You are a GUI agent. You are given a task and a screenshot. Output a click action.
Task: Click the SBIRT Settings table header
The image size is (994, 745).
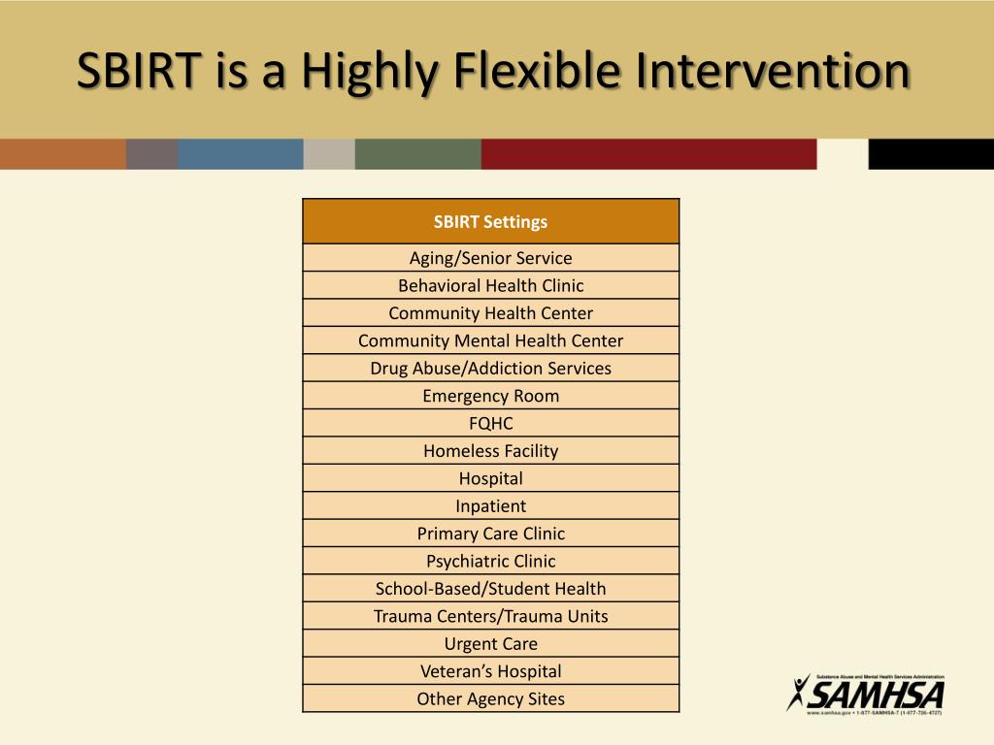click(x=490, y=221)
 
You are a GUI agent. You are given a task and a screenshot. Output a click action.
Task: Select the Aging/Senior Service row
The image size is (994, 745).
click(x=490, y=258)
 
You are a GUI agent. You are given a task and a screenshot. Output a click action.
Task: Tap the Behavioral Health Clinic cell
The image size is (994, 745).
click(x=490, y=285)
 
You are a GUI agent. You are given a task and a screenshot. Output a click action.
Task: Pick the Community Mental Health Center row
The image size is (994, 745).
click(x=490, y=340)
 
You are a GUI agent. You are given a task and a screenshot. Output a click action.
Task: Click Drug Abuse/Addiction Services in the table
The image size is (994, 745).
click(x=490, y=368)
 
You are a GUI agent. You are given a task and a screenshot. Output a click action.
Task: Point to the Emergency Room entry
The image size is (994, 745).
click(x=490, y=396)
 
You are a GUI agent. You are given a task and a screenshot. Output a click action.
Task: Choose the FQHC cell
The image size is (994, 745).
click(x=490, y=423)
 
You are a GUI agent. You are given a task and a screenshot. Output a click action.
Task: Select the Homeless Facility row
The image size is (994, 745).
click(x=490, y=450)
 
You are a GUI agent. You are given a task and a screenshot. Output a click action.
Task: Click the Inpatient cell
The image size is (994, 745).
click(x=490, y=505)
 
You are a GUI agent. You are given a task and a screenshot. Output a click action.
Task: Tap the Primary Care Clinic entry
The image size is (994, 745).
click(x=490, y=534)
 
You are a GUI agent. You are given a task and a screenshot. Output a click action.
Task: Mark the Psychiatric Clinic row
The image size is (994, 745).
click(x=490, y=561)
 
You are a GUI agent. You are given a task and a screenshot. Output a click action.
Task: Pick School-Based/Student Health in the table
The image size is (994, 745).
click(x=490, y=588)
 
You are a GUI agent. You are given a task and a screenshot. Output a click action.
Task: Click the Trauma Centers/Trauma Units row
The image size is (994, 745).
click(x=490, y=616)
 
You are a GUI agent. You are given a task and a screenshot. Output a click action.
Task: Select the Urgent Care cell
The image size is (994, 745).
click(x=490, y=643)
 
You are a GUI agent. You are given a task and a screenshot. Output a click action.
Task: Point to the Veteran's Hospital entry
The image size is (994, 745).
click(x=490, y=671)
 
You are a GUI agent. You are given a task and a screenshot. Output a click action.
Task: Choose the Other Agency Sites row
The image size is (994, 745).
click(x=490, y=698)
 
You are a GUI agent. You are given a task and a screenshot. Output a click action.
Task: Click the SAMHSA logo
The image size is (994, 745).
click(x=865, y=694)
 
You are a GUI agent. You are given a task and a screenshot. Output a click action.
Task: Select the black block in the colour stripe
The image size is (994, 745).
click(x=930, y=154)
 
